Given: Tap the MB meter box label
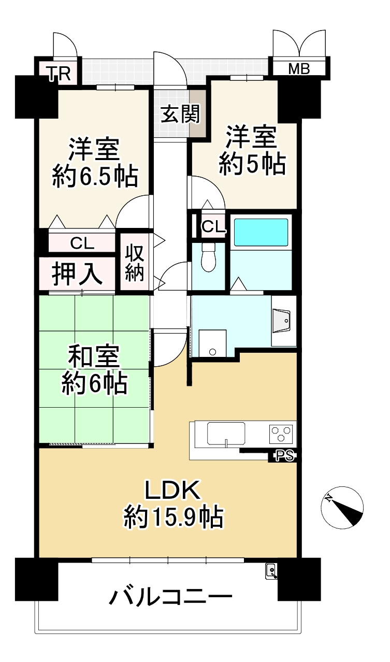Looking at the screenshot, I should coord(299,68).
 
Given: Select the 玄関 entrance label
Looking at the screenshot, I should coord(180,114).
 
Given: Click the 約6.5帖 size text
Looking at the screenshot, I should coord(95,177).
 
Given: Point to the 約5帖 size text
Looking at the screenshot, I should coord(252,165).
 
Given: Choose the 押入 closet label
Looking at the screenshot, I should coord(78,275).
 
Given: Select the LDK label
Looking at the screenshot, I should coord(172,491).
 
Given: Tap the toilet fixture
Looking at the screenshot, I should coord(208,257).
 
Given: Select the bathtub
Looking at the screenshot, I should coord(261,233).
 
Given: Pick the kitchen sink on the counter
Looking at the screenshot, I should coord(226,434).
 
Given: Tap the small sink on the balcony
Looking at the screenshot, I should coord(272,571).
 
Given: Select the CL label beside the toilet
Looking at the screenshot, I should coord(213,226).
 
